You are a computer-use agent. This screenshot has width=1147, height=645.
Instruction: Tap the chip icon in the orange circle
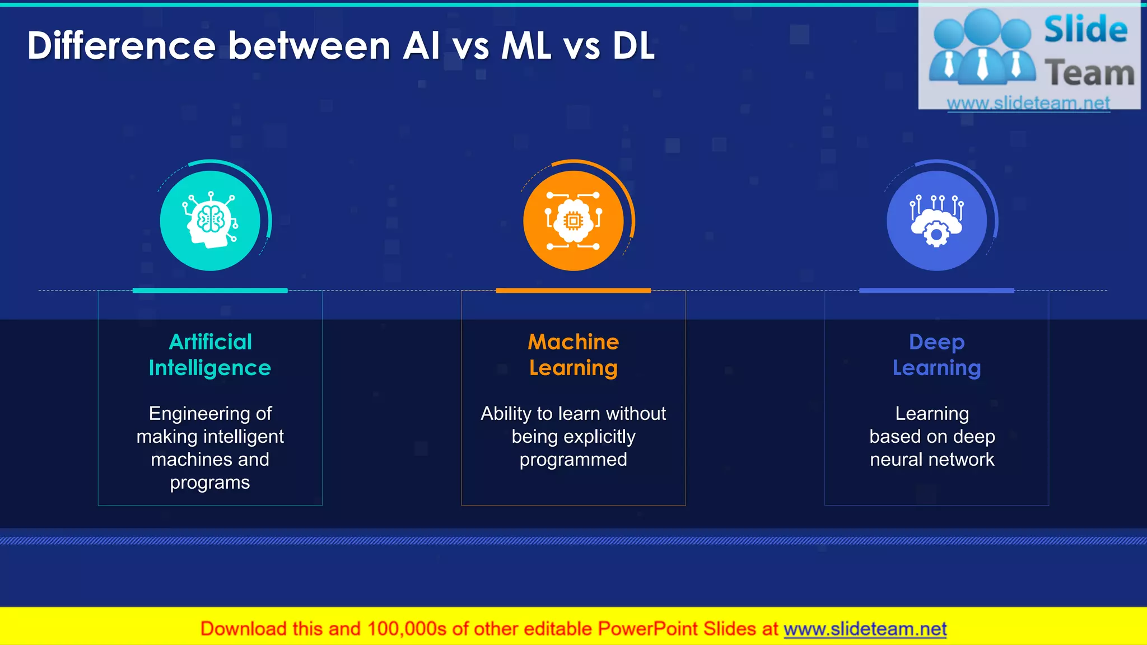(573, 221)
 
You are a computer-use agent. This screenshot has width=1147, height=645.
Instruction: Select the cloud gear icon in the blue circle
(936, 221)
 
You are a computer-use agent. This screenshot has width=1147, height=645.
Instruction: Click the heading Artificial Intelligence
(210, 355)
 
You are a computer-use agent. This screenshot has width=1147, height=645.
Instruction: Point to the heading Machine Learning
(573, 355)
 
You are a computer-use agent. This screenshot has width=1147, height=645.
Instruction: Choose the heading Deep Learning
(936, 355)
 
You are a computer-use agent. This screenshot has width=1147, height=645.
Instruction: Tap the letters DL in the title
(633, 46)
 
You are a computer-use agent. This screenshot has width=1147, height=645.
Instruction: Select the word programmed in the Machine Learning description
(573, 460)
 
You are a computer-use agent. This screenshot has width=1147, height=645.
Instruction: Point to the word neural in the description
(896, 460)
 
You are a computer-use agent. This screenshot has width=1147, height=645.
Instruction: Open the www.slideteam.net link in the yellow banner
(865, 629)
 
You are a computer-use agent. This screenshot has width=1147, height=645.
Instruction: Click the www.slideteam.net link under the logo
(1028, 103)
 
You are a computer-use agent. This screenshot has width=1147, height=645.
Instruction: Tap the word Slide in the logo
(1085, 30)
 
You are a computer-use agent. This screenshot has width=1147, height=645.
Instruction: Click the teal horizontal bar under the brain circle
(210, 291)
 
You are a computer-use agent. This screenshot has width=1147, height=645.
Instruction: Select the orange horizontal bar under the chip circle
(573, 291)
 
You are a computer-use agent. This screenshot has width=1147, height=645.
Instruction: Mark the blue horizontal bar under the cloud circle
(936, 291)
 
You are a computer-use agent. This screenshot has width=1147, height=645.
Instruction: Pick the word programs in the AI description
(210, 483)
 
